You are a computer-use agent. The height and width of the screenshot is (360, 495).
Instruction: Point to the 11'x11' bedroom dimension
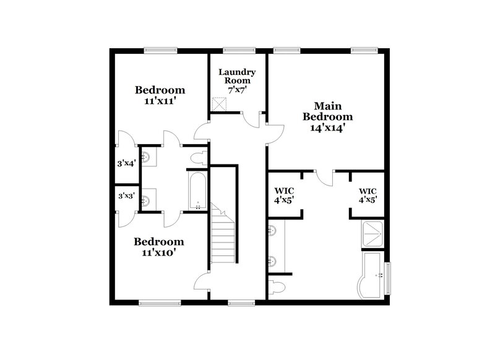pyautogui.click(x=160, y=101)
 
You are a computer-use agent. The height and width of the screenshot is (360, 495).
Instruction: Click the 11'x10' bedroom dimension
pyautogui.click(x=159, y=252)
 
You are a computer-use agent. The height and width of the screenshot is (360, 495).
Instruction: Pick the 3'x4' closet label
pyautogui.click(x=126, y=165)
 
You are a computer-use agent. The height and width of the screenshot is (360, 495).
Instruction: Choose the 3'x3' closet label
pyautogui.click(x=126, y=196)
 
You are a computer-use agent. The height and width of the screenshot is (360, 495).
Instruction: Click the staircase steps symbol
pyautogui.click(x=222, y=234)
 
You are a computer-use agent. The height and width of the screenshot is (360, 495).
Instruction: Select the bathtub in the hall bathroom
pyautogui.click(x=198, y=191)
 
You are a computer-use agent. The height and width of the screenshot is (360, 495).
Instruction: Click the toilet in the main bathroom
pyautogui.click(x=278, y=286)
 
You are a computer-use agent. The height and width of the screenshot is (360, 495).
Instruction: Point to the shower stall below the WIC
pyautogui.click(x=373, y=233)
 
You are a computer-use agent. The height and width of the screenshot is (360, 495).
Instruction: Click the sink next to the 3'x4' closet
pyautogui.click(x=146, y=159)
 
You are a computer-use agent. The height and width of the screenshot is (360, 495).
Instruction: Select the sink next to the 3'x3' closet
pyautogui.click(x=146, y=200)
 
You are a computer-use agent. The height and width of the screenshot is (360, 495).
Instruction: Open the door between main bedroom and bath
pyautogui.click(x=323, y=177)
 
